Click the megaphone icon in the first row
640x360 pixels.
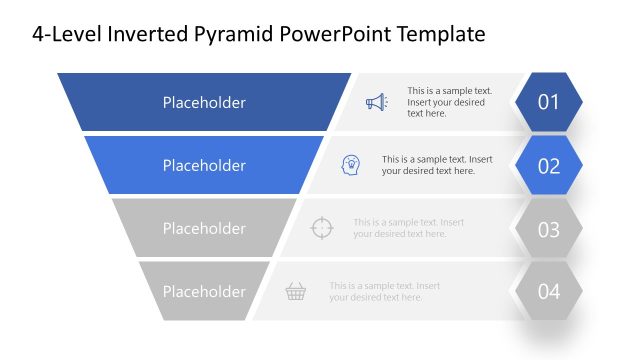pyautogui.click(x=375, y=102)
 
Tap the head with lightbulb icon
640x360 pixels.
pyautogui.click(x=351, y=165)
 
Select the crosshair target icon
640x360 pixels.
pyautogui.click(x=321, y=228)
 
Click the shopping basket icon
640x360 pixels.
pyautogui.click(x=295, y=292)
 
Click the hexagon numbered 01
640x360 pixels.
pyautogui.click(x=548, y=102)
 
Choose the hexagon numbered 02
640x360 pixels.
pyautogui.click(x=548, y=166)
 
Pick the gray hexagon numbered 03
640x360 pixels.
pyautogui.click(x=548, y=229)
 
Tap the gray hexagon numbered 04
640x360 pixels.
pyautogui.click(x=548, y=292)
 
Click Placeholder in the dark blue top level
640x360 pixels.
pyautogui.click(x=204, y=102)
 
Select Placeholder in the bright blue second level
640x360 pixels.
pyautogui.click(x=204, y=166)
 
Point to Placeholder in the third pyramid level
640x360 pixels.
pyautogui.click(x=204, y=229)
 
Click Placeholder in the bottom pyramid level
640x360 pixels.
pyautogui.click(x=204, y=292)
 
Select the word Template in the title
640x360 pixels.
pyautogui.click(x=440, y=34)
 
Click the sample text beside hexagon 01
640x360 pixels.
pyautogui.click(x=446, y=102)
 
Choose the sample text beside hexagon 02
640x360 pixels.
pyautogui.click(x=437, y=165)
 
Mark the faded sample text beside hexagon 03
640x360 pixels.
pyautogui.click(x=408, y=228)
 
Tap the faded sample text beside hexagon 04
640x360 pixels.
pyautogui.click(x=384, y=291)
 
